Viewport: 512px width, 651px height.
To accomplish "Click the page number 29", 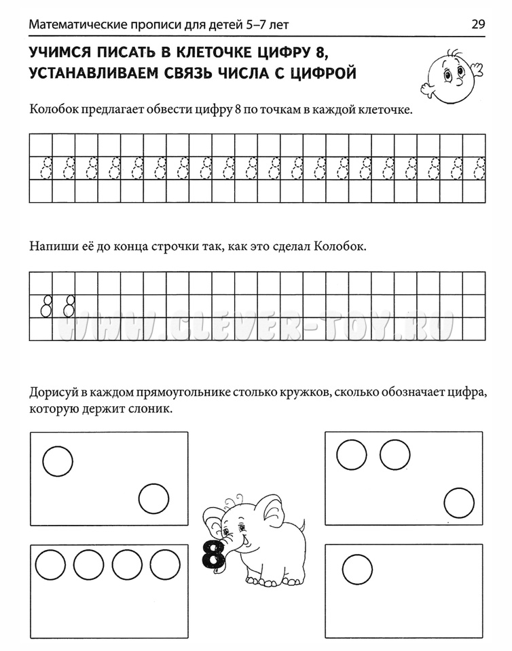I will coord(477,25).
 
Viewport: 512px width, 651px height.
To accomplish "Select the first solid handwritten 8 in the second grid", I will coord(46,306).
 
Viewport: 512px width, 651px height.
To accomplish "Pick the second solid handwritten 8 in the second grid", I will coord(69,306).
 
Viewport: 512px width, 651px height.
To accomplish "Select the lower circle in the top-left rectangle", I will coord(153,500).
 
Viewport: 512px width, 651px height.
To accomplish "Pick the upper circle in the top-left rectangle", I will coord(57,461).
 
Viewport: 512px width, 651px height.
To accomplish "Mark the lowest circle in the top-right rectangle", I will coord(459,503).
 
